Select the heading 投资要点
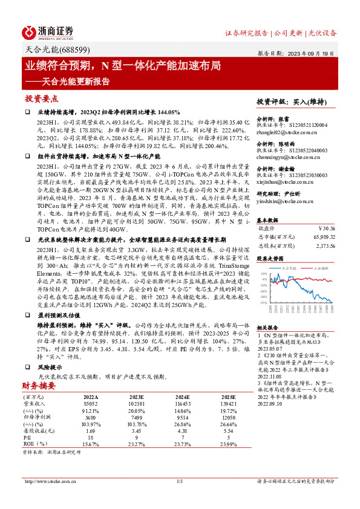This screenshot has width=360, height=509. (x=41, y=98)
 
